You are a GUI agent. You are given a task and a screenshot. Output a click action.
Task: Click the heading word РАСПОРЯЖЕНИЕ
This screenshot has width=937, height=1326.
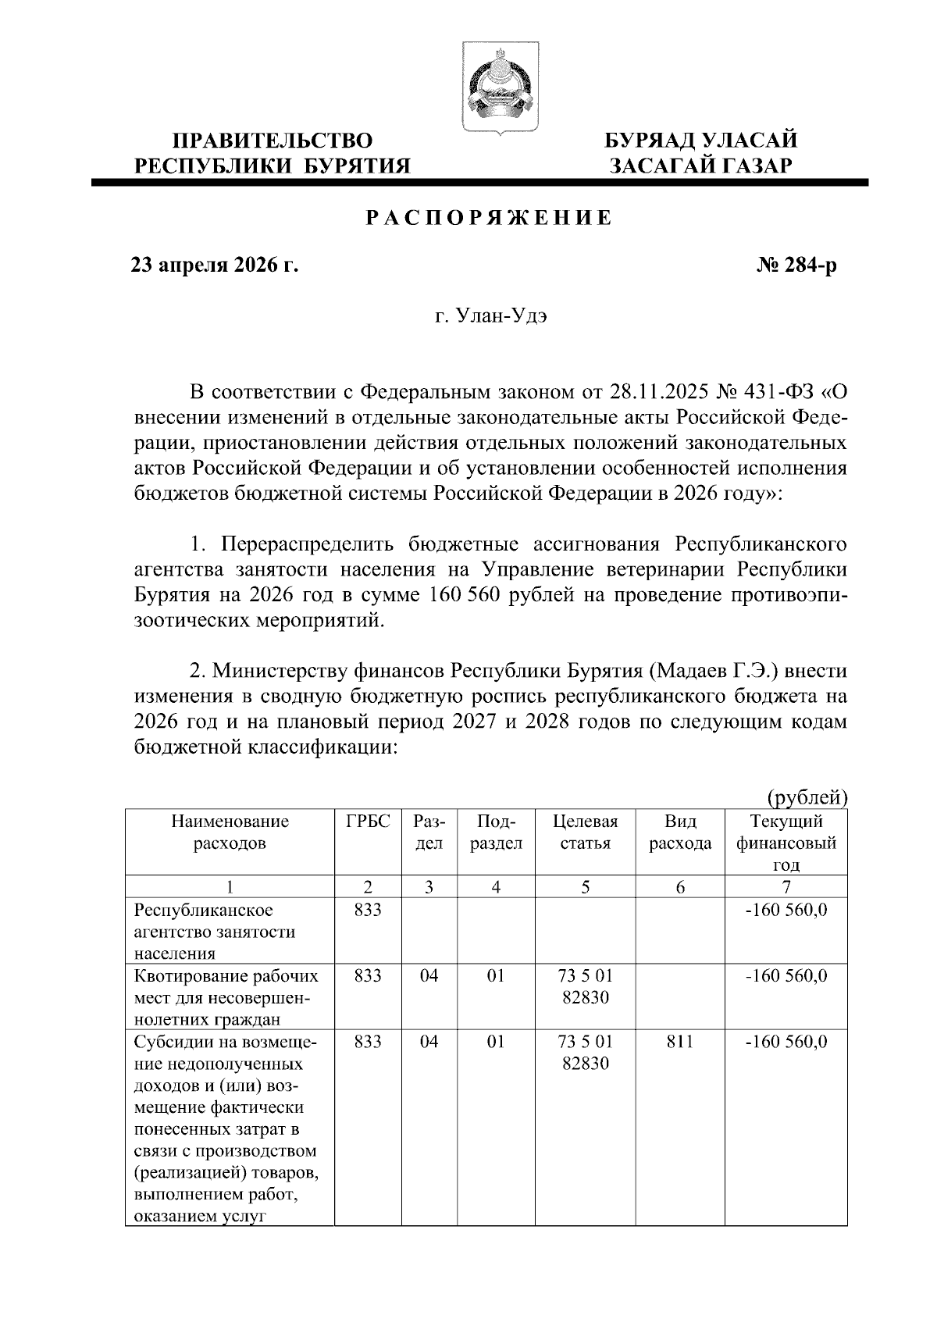pyautogui.click(x=490, y=219)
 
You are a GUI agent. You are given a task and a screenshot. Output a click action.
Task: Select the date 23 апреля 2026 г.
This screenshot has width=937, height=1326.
pyautogui.click(x=215, y=266)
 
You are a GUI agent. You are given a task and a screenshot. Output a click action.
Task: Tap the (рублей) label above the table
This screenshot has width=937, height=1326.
pyautogui.click(x=807, y=798)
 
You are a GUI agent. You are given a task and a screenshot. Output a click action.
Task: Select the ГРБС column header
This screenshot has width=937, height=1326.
pyautogui.click(x=367, y=822)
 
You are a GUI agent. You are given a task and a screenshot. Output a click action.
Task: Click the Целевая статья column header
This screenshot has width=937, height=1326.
pyautogui.click(x=585, y=832)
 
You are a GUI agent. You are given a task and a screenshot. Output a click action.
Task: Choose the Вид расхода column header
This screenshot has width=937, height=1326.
pyautogui.click(x=680, y=832)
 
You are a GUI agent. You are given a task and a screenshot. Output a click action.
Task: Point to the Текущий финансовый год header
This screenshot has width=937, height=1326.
pyautogui.click(x=786, y=843)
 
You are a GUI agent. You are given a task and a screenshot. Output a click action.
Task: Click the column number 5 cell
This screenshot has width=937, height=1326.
pyautogui.click(x=585, y=886)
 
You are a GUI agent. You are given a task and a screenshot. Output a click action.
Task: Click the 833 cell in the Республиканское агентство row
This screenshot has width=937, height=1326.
pyautogui.click(x=367, y=911)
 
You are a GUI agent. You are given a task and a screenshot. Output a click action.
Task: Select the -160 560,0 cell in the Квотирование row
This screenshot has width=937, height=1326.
pyautogui.click(x=786, y=976)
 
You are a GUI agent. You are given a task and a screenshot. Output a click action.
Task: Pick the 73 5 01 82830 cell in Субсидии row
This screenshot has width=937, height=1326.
pyautogui.click(x=585, y=1053)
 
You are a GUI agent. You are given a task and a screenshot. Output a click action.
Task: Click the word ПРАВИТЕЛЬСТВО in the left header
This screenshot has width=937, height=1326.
pyautogui.click(x=273, y=141)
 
